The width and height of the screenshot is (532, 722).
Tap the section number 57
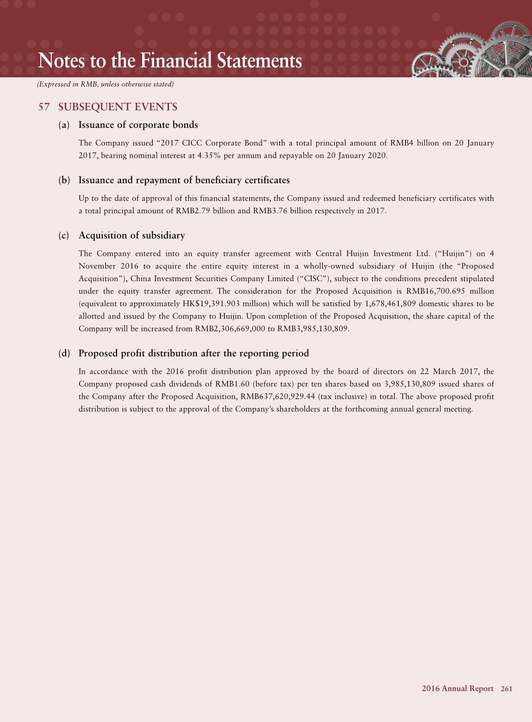tap(44, 107)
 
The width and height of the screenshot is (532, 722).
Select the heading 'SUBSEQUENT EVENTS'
tap(118, 107)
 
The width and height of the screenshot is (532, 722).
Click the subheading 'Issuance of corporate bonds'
tap(138, 125)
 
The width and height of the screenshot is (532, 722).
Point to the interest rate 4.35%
tap(211, 156)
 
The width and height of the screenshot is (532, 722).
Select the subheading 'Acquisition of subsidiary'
tap(131, 236)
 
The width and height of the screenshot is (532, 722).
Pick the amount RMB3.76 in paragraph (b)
tap(270, 211)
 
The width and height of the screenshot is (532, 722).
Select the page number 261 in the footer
tap(507, 689)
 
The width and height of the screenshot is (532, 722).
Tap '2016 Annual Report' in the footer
tap(457, 689)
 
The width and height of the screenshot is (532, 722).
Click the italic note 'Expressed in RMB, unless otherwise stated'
tap(105, 84)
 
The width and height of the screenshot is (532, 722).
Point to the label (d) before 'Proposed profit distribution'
tap(64, 354)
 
